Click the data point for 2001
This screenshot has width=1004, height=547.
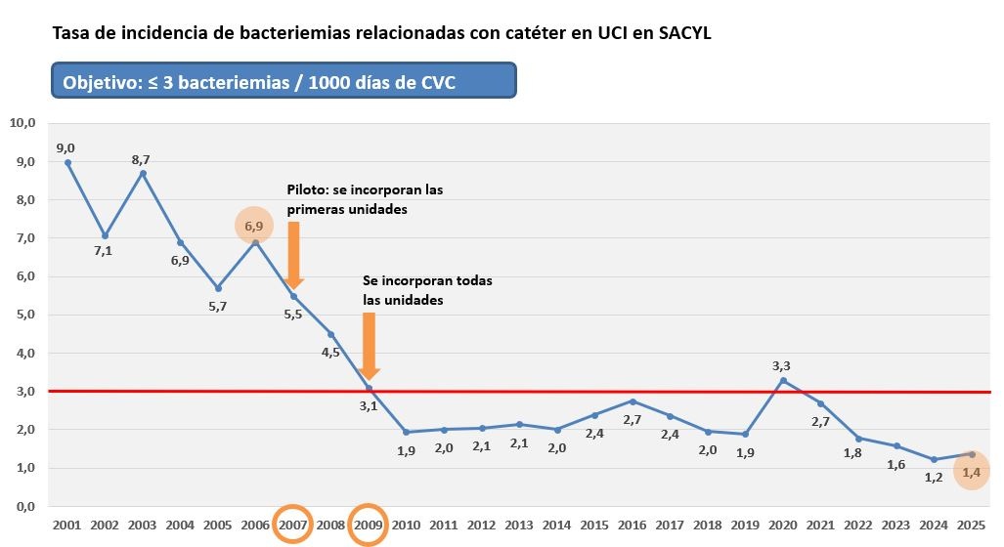tap(67, 162)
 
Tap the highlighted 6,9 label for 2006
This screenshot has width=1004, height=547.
tap(254, 226)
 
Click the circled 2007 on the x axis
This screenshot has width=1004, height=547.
tap(293, 525)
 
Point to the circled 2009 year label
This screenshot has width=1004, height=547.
tap(369, 525)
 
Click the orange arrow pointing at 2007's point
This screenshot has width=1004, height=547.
tap(293, 256)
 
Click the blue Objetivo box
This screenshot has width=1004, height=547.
tap(284, 82)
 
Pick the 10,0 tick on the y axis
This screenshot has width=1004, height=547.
tap(22, 123)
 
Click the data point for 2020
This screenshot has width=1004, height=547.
tap(783, 380)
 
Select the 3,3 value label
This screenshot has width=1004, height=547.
tap(781, 365)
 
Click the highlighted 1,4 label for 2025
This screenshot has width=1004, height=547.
tap(971, 473)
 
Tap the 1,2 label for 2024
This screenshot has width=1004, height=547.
tap(933, 479)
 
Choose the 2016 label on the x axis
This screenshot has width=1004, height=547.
tap(633, 526)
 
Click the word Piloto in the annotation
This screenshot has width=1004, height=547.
tap(307, 189)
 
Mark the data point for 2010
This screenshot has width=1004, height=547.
tap(407, 432)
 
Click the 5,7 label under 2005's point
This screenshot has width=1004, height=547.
tap(218, 306)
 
